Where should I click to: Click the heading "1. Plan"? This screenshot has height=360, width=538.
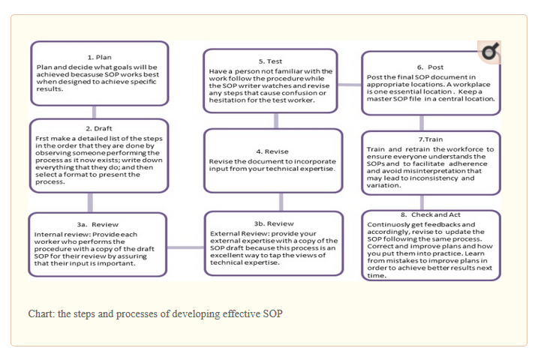[x=99, y=57]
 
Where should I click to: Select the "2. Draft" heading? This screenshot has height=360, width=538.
[x=99, y=128]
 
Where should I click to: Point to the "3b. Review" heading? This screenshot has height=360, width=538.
[x=273, y=223]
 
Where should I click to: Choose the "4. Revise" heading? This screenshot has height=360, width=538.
[x=272, y=151]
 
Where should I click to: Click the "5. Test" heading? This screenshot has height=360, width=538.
[x=271, y=61]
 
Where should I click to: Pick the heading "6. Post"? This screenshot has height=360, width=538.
[x=431, y=67]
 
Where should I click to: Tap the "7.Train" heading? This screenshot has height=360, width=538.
[x=431, y=139]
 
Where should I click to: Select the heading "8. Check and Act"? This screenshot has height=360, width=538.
[x=431, y=214]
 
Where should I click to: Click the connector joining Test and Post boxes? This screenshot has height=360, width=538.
[x=349, y=84]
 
